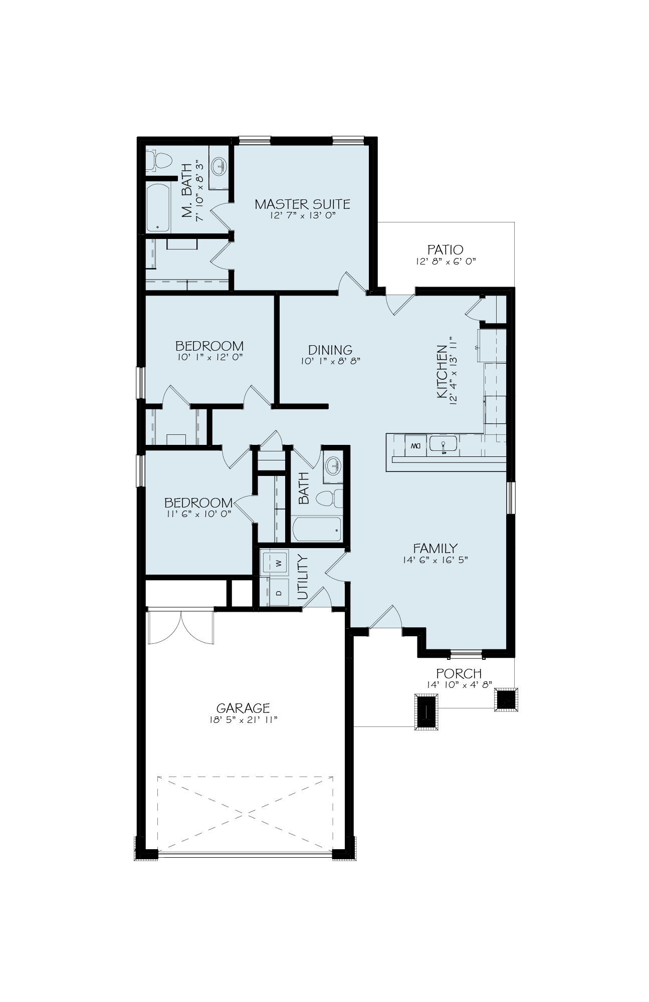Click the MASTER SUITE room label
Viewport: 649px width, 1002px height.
(302, 204)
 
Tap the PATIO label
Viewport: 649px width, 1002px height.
(445, 249)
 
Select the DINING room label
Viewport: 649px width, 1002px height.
(330, 350)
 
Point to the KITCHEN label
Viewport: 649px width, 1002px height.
(442, 371)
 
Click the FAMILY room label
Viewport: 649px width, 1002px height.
(435, 548)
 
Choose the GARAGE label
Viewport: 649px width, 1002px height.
(243, 708)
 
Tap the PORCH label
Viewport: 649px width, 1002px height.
(459, 673)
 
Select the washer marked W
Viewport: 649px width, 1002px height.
(275, 563)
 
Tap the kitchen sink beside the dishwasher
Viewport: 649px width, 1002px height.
(443, 445)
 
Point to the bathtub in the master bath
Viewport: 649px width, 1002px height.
(158, 207)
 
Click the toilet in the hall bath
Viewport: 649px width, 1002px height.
(330, 498)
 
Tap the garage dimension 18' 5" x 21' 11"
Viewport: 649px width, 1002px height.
(243, 720)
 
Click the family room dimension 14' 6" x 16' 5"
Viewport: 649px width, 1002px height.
(435, 560)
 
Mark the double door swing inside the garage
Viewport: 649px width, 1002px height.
(181, 626)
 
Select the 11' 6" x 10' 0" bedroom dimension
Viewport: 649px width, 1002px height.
(198, 514)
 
